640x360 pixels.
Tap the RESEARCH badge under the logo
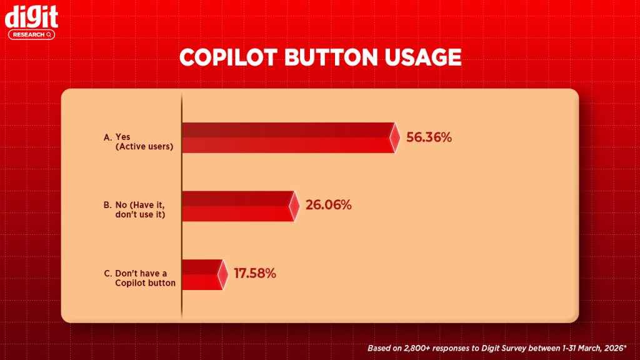point(31,35)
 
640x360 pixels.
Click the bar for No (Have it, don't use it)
point(236,206)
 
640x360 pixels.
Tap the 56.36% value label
point(429,137)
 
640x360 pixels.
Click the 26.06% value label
point(327,205)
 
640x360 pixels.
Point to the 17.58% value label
point(254,274)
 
